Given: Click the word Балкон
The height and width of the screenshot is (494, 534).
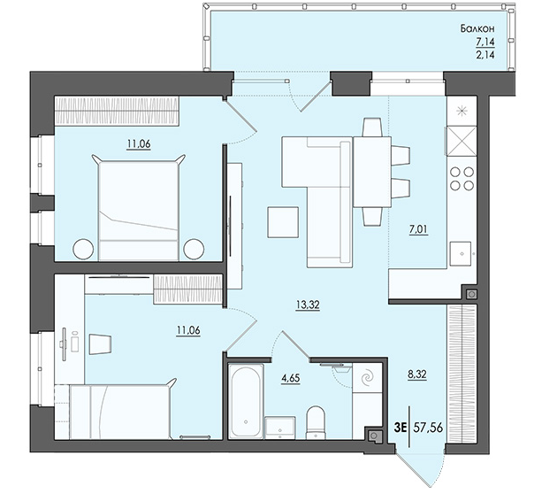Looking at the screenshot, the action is (x=477, y=28).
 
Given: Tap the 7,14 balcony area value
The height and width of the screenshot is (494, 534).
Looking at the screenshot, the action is (x=485, y=42).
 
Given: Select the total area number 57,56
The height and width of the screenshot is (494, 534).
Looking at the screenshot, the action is (x=428, y=427).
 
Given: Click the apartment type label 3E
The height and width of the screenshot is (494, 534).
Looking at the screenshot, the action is (x=400, y=428).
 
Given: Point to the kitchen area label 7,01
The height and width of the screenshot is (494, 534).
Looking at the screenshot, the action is (x=418, y=229).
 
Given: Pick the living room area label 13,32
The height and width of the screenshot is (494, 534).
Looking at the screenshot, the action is (x=308, y=305).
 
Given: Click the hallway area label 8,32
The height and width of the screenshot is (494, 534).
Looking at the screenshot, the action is (x=416, y=375).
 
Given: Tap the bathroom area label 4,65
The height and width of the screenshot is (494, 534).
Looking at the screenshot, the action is (x=290, y=378).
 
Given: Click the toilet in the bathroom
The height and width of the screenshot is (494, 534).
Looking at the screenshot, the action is (x=316, y=422).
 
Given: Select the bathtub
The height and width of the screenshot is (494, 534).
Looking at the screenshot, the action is (x=246, y=401).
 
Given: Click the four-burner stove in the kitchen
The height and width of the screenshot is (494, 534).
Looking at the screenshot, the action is (x=462, y=178).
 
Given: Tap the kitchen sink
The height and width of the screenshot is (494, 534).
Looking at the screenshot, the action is (x=461, y=254).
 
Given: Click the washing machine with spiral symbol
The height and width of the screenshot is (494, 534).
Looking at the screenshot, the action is (x=367, y=378).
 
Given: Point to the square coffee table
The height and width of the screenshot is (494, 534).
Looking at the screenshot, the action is (x=283, y=222).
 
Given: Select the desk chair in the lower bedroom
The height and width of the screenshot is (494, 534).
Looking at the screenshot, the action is (x=101, y=343).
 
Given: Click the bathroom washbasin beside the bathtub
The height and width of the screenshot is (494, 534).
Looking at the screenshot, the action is (x=280, y=428).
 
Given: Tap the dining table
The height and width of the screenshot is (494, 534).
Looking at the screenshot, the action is (x=372, y=172).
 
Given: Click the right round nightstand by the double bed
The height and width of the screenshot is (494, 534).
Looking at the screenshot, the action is (x=194, y=250).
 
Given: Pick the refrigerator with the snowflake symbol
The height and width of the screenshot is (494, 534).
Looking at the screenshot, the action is (x=462, y=111).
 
